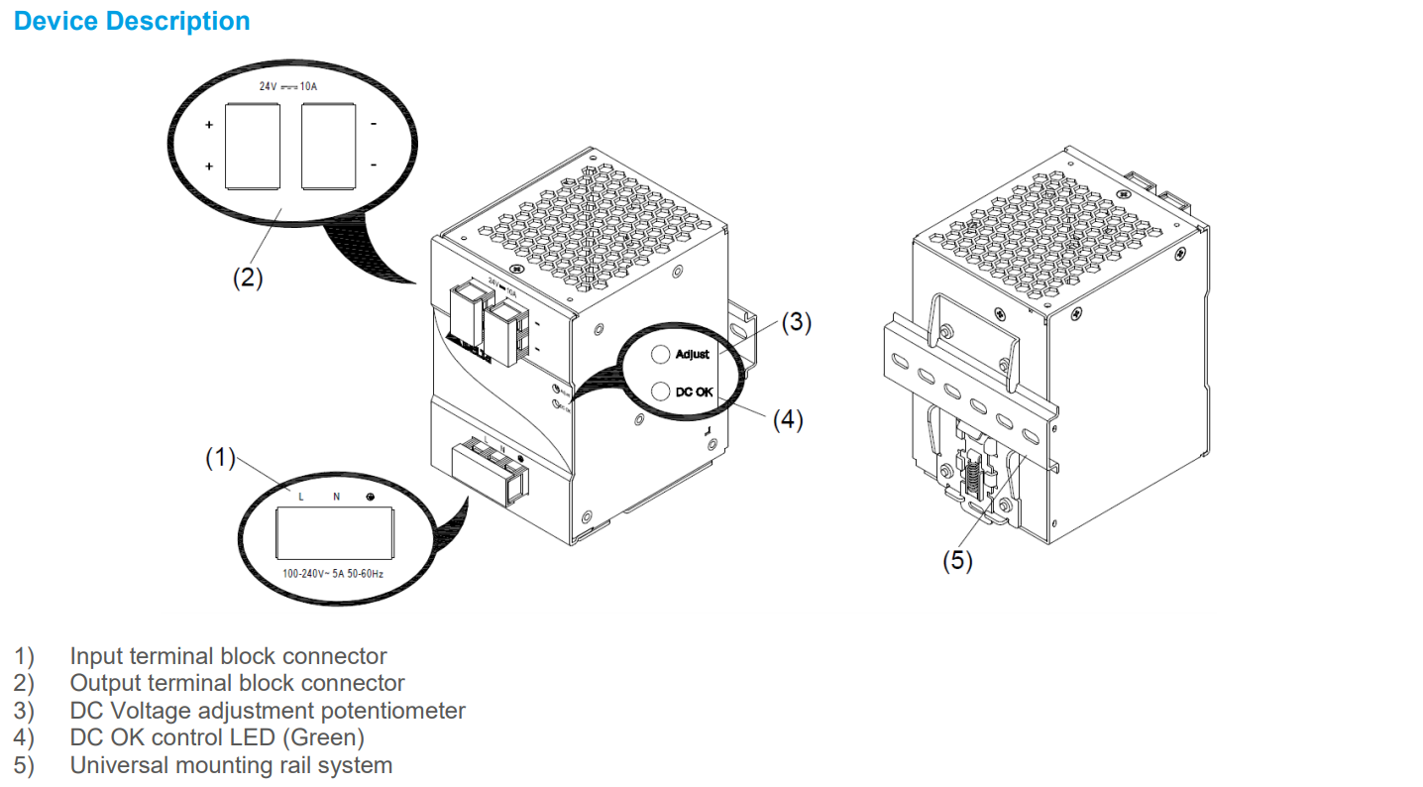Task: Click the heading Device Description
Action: (x=132, y=21)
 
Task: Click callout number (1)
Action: (x=220, y=457)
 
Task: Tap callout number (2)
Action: (x=248, y=279)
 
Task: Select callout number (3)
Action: (x=796, y=323)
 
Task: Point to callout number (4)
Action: (x=788, y=420)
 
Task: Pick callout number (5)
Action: (x=957, y=561)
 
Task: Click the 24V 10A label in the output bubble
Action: (x=287, y=87)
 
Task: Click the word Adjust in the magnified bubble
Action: (x=693, y=355)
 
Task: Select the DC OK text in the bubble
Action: (x=694, y=392)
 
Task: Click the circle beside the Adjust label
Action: (x=660, y=355)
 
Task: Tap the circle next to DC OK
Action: (x=660, y=392)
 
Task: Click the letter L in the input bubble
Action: (x=301, y=496)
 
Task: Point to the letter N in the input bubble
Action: (x=336, y=496)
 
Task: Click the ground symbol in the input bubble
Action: (x=370, y=496)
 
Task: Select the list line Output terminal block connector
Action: (x=237, y=683)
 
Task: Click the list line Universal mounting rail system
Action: (x=231, y=765)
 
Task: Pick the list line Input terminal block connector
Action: (x=228, y=656)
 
